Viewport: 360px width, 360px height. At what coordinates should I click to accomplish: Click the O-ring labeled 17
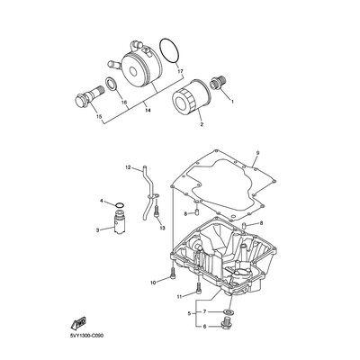[x=160, y=48]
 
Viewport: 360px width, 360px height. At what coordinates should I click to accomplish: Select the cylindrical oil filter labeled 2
[x=190, y=97]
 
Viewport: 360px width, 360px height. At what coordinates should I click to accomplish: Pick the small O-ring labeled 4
[x=120, y=205]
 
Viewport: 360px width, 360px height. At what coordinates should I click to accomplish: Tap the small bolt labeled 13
[x=156, y=211]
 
